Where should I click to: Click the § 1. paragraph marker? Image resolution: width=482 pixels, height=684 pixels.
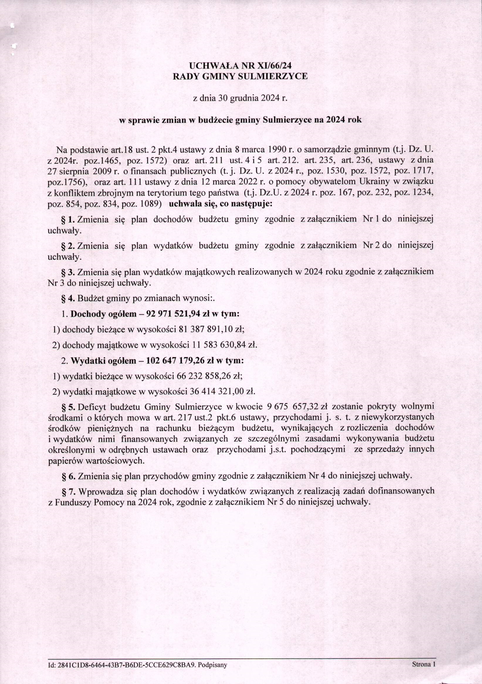coord(68,219)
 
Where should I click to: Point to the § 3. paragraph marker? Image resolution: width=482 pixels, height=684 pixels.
coord(68,272)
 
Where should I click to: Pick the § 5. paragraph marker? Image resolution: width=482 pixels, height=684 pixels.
coord(68,407)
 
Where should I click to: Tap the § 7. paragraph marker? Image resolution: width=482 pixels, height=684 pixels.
coord(68,490)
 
